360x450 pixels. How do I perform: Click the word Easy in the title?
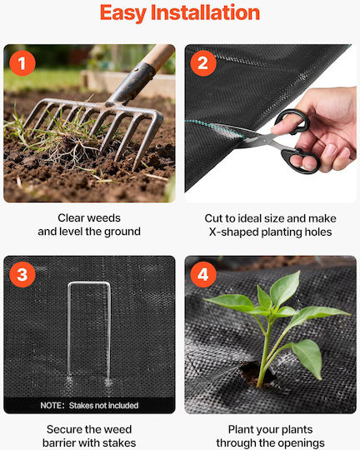pos(123,12)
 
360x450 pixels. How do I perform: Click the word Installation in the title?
pos(205,12)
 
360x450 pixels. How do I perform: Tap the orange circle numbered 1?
pos(22,63)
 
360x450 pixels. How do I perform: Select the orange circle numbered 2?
pos(203,63)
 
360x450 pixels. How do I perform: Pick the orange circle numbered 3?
pos(22,274)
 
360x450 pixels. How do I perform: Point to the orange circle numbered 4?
pos(203,274)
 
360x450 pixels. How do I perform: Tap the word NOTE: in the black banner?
pos(52,405)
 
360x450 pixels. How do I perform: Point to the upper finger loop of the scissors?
pos(292,122)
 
